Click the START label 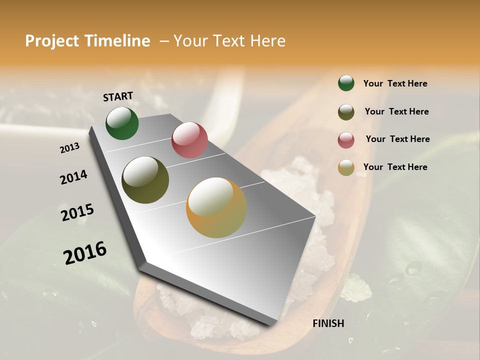coord(118,96)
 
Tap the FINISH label coord(328,323)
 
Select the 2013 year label coord(70,147)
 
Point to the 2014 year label coord(73,177)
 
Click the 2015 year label coord(77,212)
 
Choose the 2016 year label coord(85,252)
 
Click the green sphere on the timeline coord(122,123)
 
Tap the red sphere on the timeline coord(189,140)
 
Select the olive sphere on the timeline coord(145,180)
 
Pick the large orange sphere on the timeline coord(216,207)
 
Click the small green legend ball coord(346,83)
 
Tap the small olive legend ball coord(346,112)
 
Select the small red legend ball coord(346,140)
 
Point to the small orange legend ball coord(346,167)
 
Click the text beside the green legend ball coord(395,83)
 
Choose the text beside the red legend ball coord(397,139)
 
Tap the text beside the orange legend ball coord(395,167)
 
